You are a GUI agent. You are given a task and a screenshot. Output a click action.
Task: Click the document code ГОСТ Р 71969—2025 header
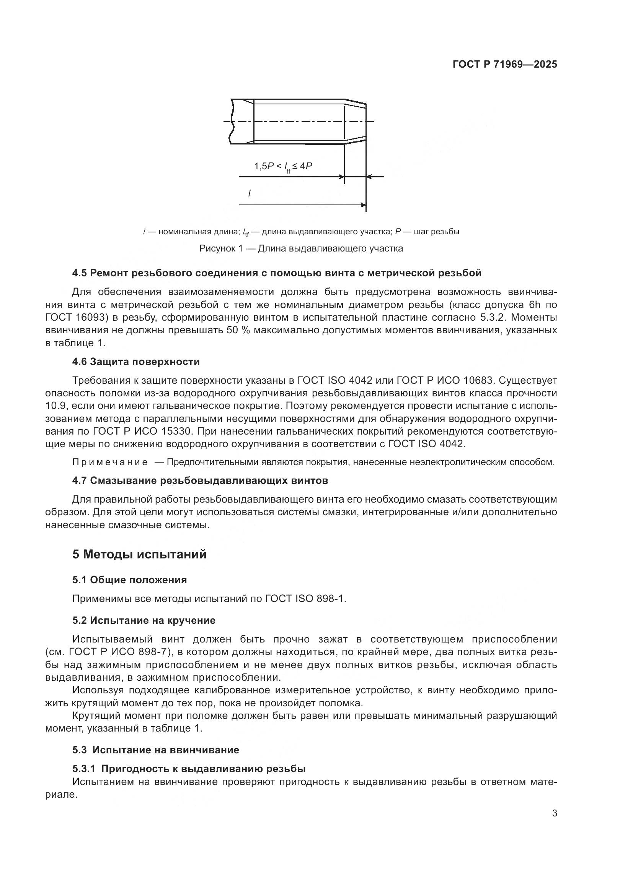click(505, 64)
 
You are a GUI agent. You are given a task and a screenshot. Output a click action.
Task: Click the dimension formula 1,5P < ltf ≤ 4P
click(283, 166)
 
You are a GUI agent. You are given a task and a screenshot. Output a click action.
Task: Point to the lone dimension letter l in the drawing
click(250, 193)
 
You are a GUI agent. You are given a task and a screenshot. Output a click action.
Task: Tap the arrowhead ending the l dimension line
click(363, 205)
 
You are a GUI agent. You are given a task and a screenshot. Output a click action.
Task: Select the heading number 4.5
click(79, 273)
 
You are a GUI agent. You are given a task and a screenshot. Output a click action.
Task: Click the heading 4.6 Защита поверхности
click(135, 362)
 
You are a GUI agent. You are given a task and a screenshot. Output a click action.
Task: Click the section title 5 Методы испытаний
click(139, 554)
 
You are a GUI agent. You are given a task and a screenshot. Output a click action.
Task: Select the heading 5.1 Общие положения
click(129, 580)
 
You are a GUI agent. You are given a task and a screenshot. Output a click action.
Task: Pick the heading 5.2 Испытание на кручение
click(144, 620)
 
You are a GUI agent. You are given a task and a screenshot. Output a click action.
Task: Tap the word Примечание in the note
click(110, 462)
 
